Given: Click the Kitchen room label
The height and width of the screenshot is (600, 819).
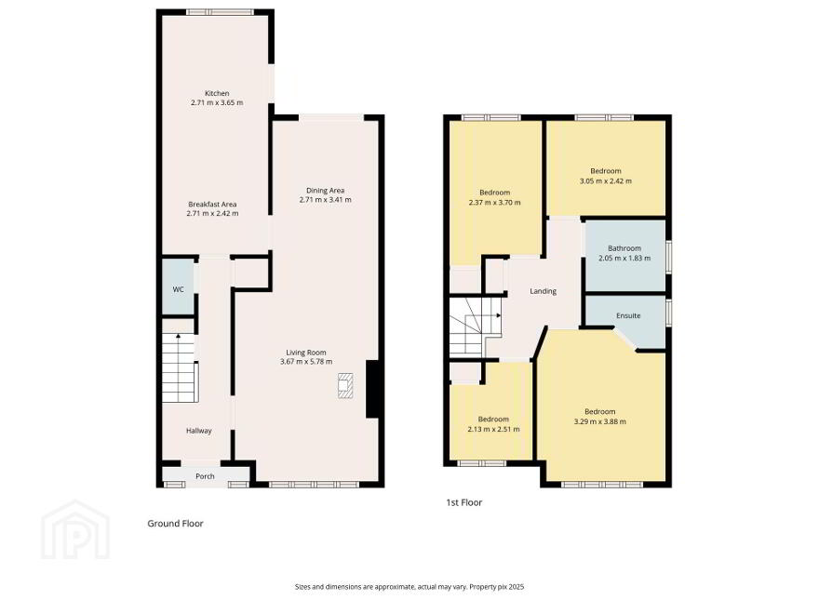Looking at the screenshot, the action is coord(217,93).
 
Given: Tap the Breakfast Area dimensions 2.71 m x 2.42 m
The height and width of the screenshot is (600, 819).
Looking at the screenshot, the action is coord(212,214).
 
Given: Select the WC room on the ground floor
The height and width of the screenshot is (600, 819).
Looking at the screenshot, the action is coord(178,288).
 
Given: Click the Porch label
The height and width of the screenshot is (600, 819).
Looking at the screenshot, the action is coord(205,476).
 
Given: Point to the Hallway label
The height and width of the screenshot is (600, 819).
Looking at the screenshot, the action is coord(199,431).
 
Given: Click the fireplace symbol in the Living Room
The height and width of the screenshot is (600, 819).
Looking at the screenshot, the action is coord(345,386).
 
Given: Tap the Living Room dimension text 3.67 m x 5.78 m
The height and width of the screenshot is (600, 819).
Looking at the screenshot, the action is coord(306,361).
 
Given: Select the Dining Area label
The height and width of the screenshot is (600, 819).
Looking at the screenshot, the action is coord(326,191).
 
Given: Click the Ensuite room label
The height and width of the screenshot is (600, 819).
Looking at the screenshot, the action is coord(628,316).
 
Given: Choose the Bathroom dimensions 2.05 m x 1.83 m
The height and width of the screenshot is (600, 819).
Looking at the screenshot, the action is coord(624,258).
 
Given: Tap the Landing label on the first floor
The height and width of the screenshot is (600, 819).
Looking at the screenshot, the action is coord(544,291).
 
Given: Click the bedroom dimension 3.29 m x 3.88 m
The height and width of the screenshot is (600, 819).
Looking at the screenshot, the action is coord(600,421).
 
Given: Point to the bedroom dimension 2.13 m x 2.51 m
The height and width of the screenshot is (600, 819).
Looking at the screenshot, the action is coord(493,429).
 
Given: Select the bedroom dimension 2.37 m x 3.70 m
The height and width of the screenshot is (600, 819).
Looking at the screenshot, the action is coord(494,203).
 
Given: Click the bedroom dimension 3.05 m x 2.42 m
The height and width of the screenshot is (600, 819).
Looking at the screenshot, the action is coord(605,181).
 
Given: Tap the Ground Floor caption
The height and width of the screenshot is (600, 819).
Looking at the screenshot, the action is coord(175,523).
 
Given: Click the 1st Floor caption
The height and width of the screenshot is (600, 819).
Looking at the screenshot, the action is coord(463,502).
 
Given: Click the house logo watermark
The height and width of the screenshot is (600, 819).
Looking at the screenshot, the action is coord(75,530).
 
